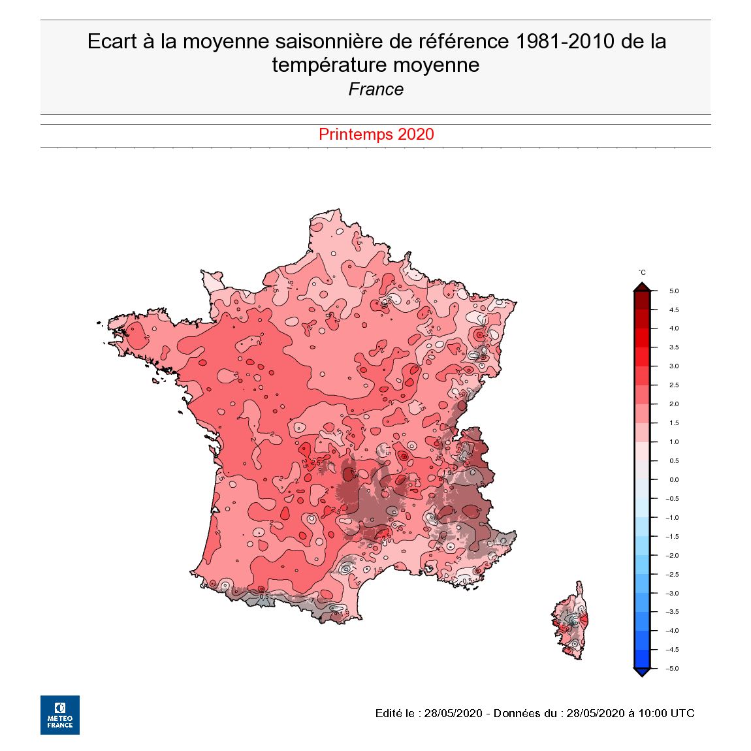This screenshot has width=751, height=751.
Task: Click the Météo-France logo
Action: click(60, 714)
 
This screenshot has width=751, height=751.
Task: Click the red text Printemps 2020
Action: click(376, 135)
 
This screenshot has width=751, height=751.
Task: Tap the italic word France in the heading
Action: click(376, 89)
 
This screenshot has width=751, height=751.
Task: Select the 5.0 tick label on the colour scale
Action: click(674, 291)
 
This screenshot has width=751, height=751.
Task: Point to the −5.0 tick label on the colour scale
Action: click(672, 669)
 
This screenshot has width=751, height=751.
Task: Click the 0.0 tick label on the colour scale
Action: click(674, 480)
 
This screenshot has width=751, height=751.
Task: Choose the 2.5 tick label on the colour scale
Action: click(674, 385)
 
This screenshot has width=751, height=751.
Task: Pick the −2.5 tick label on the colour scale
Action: click(672, 575)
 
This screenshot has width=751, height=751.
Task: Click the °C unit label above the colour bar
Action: click(642, 272)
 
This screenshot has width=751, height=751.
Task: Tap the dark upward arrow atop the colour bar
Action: click(642, 287)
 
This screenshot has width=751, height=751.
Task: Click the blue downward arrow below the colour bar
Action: click(642, 673)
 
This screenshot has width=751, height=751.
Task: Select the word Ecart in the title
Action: click(112, 42)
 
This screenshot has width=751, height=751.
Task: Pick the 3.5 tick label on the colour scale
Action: click(674, 347)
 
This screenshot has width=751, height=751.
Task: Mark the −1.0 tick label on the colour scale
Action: click(672, 518)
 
